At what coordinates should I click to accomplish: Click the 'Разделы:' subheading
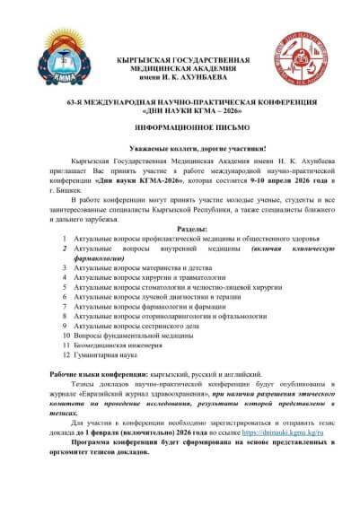pyautogui.click(x=180, y=230)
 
